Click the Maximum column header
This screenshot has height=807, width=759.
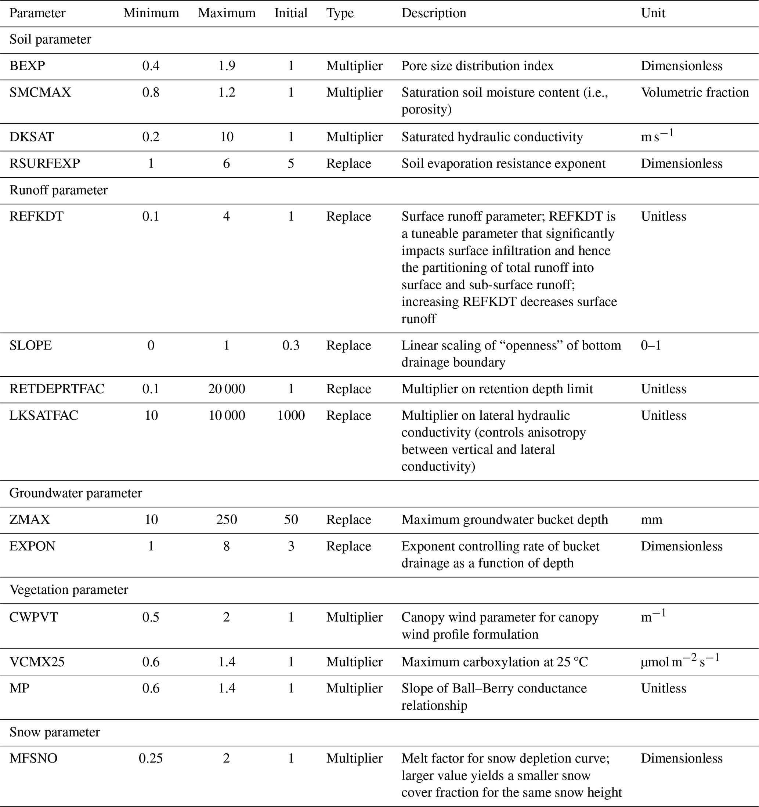(227, 13)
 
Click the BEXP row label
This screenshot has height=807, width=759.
(27, 66)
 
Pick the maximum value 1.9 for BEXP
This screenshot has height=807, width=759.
(227, 66)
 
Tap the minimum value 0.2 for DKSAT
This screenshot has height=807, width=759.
(151, 137)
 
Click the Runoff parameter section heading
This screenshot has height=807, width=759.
(58, 190)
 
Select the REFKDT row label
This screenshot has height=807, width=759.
(36, 216)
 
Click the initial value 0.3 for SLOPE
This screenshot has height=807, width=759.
(290, 345)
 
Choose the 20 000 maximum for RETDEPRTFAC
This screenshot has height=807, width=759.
(227, 389)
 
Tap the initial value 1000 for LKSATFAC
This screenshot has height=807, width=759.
(290, 415)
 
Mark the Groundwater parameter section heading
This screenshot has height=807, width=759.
(76, 493)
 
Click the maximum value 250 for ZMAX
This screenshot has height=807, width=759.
(227, 520)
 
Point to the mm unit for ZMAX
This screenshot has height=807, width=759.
(651, 520)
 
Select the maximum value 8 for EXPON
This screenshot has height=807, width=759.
(227, 546)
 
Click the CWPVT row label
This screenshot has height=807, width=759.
(34, 617)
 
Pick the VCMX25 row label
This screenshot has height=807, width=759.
(37, 662)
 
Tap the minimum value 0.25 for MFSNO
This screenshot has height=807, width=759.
(151, 758)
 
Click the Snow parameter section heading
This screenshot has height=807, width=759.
(54, 732)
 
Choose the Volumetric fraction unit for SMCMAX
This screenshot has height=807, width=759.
(694, 93)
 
